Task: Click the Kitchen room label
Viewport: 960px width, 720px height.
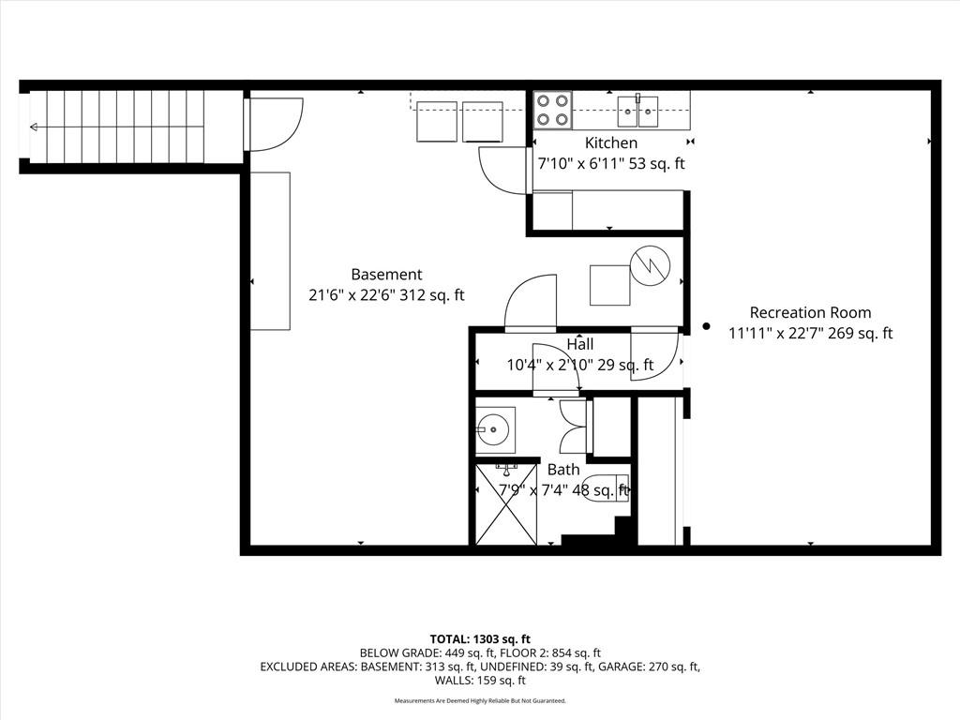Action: [611, 143]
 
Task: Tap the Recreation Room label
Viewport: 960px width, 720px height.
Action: [811, 313]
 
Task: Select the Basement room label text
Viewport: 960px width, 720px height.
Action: [386, 275]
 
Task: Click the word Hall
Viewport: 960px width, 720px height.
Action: [579, 344]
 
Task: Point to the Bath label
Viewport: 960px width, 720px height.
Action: [563, 470]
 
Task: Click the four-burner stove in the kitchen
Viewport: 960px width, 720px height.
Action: [552, 110]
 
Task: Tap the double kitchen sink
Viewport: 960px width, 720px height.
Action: [637, 111]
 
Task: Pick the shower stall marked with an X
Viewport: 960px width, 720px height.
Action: [506, 504]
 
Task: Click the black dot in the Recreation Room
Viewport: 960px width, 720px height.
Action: [706, 326]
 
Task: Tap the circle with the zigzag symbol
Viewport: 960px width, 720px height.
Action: [651, 265]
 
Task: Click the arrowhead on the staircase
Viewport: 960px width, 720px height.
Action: [34, 127]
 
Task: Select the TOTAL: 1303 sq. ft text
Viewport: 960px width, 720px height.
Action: [480, 639]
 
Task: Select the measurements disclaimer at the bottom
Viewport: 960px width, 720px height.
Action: [480, 700]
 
